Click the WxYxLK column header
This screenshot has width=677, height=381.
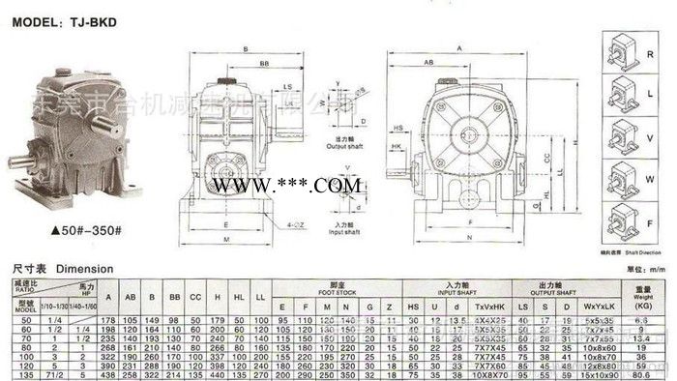pyautogui.click(x=596, y=306)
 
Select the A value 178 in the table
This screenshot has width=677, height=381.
pyautogui.click(x=108, y=318)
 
